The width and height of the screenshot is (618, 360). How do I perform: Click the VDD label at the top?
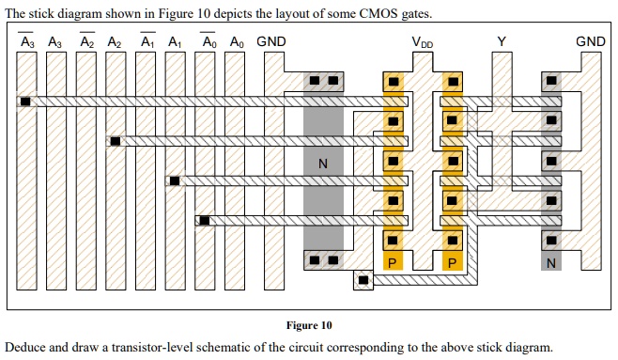point(423,42)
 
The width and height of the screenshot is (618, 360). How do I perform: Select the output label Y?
point(502,41)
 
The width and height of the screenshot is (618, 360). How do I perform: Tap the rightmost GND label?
point(590,41)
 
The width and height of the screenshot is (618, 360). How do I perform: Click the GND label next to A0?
point(271,41)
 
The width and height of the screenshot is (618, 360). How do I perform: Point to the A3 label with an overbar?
point(26,42)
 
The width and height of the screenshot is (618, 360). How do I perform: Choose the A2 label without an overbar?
point(114,42)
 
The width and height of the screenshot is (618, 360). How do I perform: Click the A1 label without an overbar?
point(175,42)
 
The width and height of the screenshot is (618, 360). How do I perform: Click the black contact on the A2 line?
point(115,141)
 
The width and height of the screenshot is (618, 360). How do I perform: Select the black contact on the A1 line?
point(174,180)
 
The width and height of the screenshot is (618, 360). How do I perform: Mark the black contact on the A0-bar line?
point(204,221)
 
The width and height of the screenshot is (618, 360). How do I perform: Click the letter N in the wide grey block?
point(323,164)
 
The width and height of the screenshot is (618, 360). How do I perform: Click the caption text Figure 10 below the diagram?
point(309,325)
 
